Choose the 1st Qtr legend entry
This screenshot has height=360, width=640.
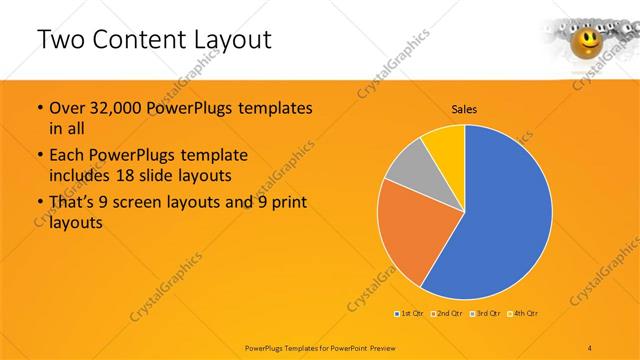pos(409,314)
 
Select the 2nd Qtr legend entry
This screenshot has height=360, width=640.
pos(447,314)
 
